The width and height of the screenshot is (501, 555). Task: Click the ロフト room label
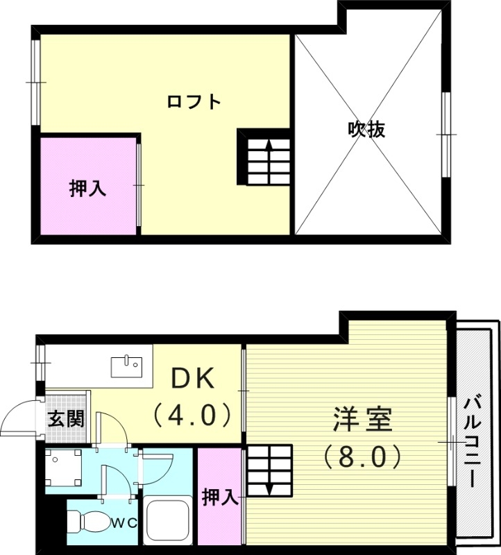(x=194, y=103)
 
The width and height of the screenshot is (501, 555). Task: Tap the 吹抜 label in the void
(x=366, y=130)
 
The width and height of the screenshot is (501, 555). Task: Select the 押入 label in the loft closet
(x=87, y=188)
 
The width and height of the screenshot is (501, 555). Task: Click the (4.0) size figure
(x=192, y=416)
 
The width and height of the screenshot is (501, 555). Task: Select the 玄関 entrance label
(x=66, y=419)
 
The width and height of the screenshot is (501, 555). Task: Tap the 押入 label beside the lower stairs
(x=220, y=497)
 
